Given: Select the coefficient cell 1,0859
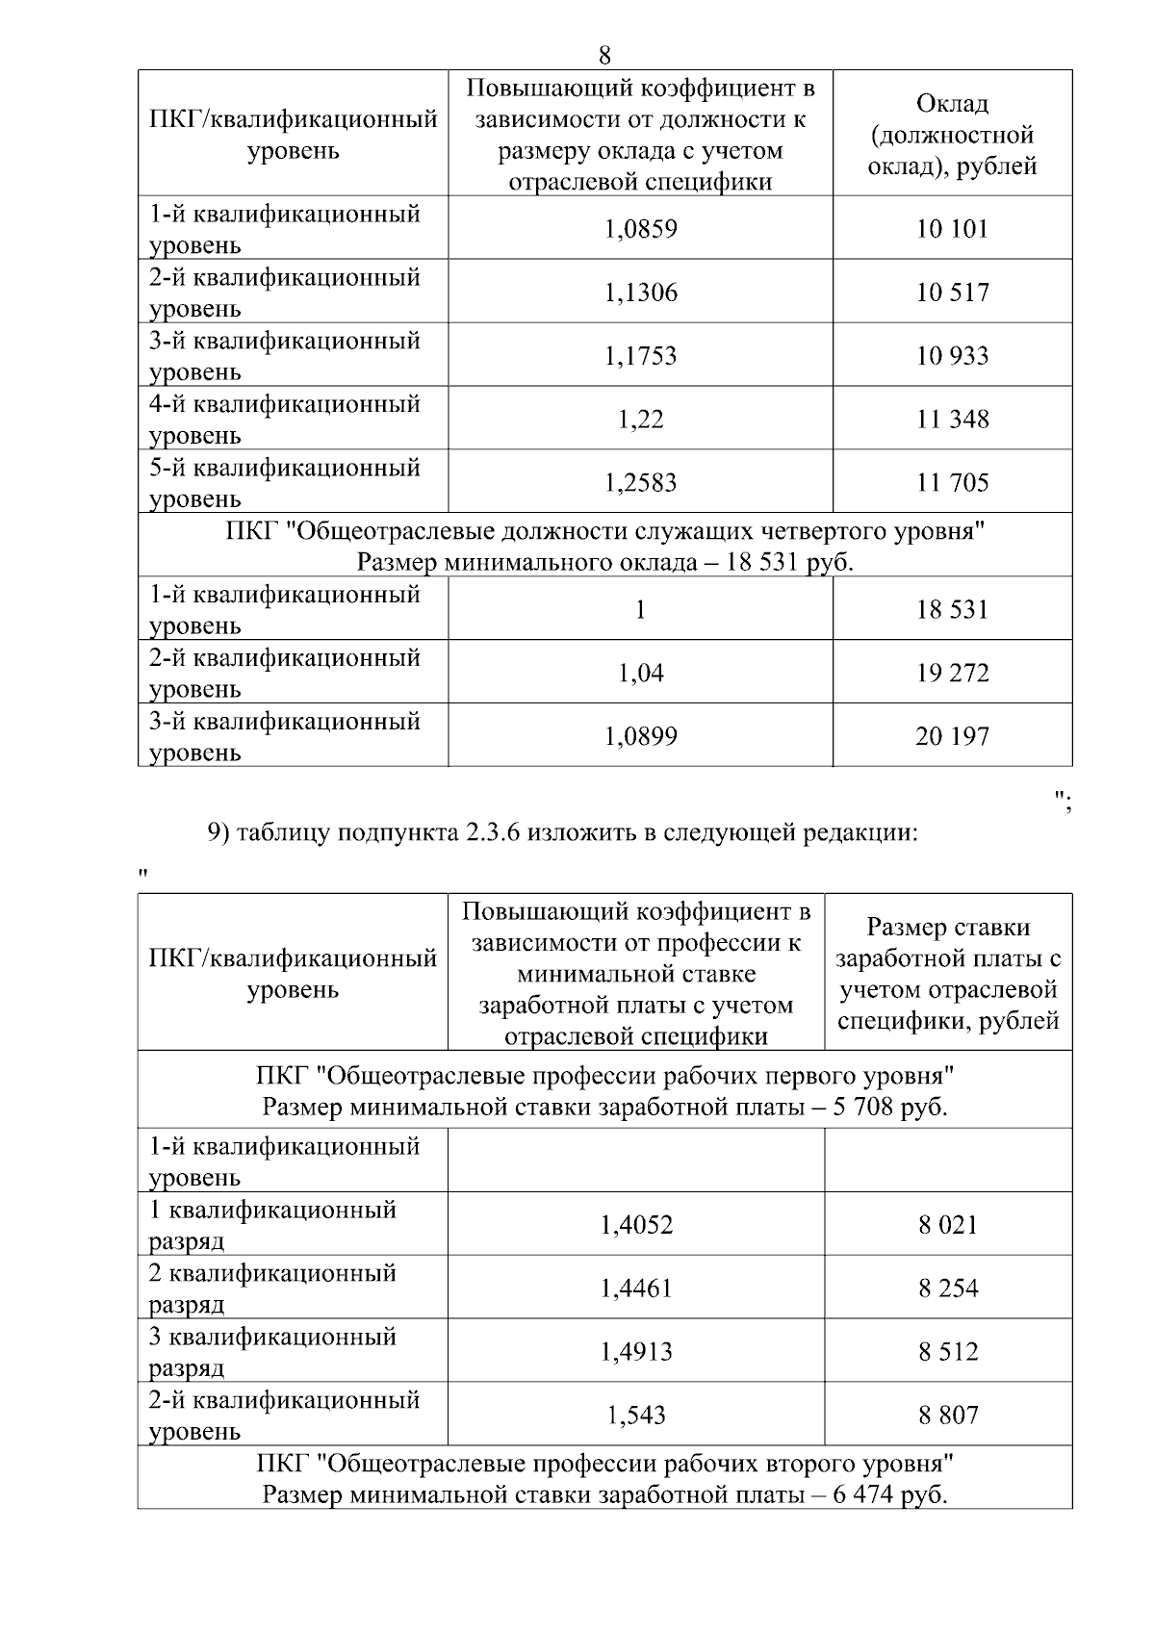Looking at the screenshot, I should tap(641, 229).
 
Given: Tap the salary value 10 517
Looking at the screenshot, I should tap(952, 293).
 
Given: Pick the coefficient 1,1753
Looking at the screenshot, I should tap(641, 356).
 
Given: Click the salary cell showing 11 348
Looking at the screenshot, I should tap(952, 420).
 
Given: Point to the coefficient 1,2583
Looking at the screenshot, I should tap(641, 483).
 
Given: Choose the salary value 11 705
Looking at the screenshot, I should tap(952, 483).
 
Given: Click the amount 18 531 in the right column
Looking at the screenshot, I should tap(952, 610).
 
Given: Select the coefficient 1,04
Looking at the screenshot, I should tap(641, 674).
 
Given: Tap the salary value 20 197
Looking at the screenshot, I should tap(952, 737).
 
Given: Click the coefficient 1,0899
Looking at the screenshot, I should tap(641, 737).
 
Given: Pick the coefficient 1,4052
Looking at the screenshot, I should tap(636, 1225).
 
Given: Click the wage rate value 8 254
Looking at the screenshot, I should tap(948, 1289).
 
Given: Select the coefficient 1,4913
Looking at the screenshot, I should tap(636, 1352).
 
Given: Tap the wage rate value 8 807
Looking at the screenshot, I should tap(948, 1416).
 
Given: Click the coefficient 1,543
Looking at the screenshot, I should tap(636, 1416).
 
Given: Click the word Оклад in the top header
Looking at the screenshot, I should tap(952, 104).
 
